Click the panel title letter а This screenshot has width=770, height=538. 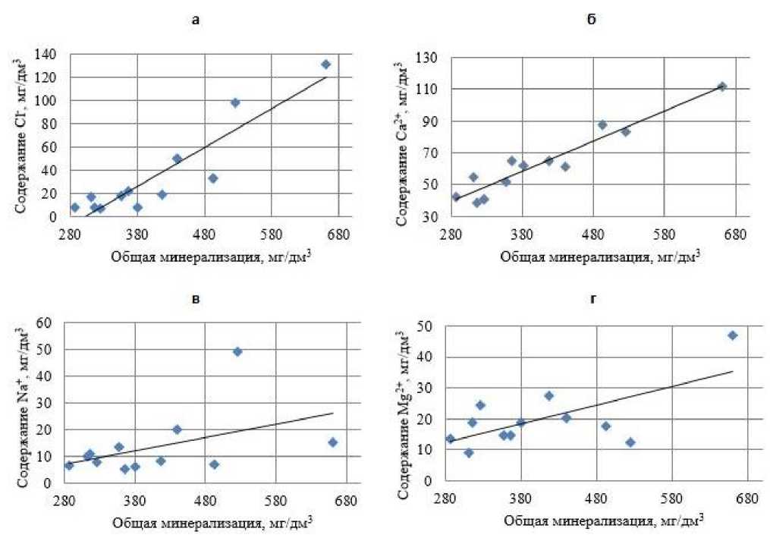click(196, 20)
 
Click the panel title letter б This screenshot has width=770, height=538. click(592, 20)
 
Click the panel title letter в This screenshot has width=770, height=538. click(196, 300)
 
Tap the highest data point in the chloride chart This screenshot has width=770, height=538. click(325, 64)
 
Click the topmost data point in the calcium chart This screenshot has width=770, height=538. click(722, 87)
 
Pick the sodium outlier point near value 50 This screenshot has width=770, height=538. click(237, 351)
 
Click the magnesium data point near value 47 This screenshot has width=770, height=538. click(732, 335)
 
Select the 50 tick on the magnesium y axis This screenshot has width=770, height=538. click(431, 326)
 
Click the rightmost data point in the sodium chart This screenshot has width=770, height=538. click(332, 442)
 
